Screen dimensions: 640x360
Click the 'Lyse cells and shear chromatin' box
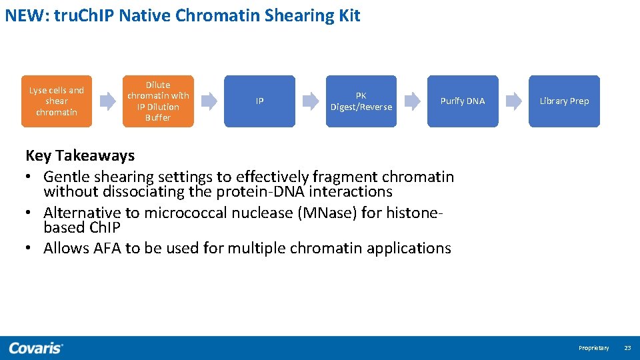[57, 101]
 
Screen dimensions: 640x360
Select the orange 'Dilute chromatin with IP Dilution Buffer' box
[158, 101]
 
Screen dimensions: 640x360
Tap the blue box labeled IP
[259, 101]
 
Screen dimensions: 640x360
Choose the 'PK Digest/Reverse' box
[361, 101]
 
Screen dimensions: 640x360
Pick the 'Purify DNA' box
[462, 101]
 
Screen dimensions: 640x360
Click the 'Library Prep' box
[564, 101]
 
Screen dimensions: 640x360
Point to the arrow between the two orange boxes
[107, 101]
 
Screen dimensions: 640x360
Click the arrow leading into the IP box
[209, 101]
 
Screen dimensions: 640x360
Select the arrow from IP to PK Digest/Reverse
[310, 101]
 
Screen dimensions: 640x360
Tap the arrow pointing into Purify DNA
[412, 101]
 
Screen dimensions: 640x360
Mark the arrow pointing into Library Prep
[513, 101]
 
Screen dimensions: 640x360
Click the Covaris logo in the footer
[36, 348]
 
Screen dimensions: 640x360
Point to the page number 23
[627, 348]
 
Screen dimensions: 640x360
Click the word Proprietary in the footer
[593, 348]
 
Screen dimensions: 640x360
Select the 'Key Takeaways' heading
[80, 155]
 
